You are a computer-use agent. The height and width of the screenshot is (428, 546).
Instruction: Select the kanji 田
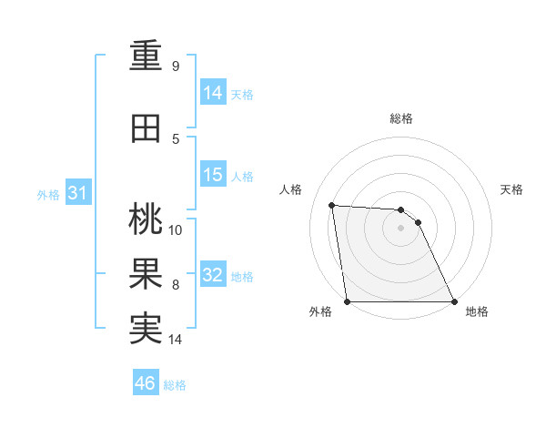[146, 128]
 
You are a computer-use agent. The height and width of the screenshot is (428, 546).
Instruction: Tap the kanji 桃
[146, 219]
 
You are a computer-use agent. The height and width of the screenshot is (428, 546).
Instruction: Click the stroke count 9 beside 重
[176, 66]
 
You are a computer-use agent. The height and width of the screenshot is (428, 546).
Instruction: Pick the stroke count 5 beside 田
[176, 138]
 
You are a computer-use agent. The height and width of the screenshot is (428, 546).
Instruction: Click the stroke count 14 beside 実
[176, 340]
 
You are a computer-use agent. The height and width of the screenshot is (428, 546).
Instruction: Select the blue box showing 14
[213, 92]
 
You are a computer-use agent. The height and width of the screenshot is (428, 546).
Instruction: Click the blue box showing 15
[213, 175]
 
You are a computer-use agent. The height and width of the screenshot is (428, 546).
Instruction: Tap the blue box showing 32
[213, 275]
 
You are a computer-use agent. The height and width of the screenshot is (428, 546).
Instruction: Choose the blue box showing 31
[77, 193]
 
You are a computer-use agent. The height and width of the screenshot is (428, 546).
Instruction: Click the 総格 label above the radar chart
[400, 118]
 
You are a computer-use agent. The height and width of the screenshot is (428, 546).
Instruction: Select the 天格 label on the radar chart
[512, 189]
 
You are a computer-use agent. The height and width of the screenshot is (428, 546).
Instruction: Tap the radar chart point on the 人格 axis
[331, 205]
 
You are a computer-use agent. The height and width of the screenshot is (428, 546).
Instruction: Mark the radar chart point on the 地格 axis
[453, 301]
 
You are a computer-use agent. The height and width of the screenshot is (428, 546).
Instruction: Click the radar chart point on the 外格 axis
[348, 301]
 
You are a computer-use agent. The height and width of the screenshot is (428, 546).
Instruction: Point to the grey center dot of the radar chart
[400, 228]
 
